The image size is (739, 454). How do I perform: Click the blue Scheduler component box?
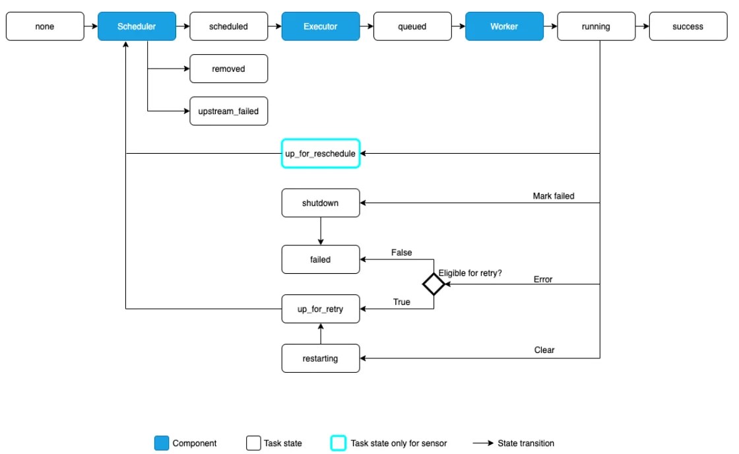137,26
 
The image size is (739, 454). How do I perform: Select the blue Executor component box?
321,26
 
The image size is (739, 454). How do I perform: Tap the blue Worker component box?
504,26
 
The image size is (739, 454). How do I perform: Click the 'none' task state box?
44,26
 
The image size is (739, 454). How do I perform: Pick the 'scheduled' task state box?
228,26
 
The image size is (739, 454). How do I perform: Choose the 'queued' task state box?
412,26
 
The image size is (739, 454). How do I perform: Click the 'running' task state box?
596,26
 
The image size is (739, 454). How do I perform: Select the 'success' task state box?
688,26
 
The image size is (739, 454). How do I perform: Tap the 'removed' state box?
228,69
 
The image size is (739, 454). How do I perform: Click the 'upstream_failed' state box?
228,111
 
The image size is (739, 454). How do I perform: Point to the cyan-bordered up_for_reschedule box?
321,153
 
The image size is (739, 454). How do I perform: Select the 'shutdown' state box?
321,203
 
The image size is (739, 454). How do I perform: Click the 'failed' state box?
321,259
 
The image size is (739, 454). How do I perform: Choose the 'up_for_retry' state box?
321,309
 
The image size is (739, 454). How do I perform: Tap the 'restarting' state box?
321,358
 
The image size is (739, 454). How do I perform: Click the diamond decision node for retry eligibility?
434,284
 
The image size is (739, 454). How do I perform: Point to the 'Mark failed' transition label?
553,196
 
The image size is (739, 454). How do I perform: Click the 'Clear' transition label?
544,350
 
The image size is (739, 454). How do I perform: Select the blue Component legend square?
161,443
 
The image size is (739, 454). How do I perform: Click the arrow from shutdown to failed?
321,231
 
